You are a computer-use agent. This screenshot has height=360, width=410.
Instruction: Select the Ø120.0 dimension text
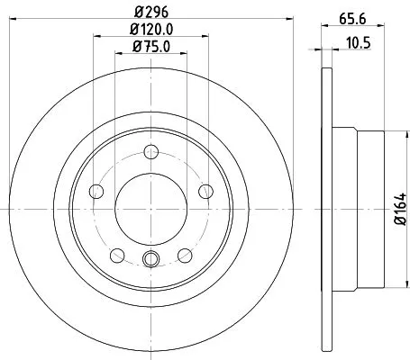pyautogui.click(x=150, y=30)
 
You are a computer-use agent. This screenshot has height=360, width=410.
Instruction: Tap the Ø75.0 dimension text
pyautogui.click(x=150, y=48)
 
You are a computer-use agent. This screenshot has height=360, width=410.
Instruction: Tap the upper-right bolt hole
pyautogui.click(x=205, y=190)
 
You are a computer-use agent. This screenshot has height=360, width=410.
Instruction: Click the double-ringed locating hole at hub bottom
pyautogui.click(x=150, y=260)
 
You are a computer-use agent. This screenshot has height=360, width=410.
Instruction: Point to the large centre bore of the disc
pyautogui.click(x=150, y=208)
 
